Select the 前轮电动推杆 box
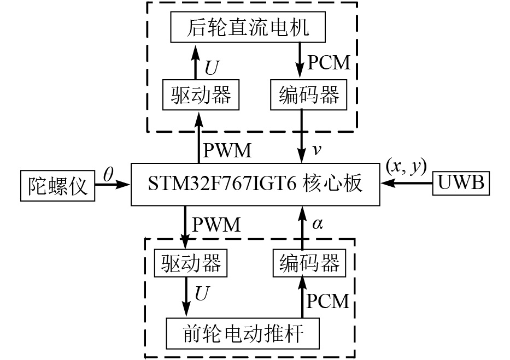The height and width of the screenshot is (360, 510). tap(243, 332)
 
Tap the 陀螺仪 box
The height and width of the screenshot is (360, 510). tap(57, 185)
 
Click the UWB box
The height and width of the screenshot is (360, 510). tap(461, 184)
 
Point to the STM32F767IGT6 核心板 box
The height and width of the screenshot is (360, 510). tap(255, 184)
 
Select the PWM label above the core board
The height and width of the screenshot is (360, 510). tap(227, 150)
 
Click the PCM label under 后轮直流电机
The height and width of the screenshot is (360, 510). tap(328, 62)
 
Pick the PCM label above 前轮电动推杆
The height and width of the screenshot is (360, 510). tap(328, 300)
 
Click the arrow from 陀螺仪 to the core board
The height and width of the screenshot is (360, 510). tap(113, 185)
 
